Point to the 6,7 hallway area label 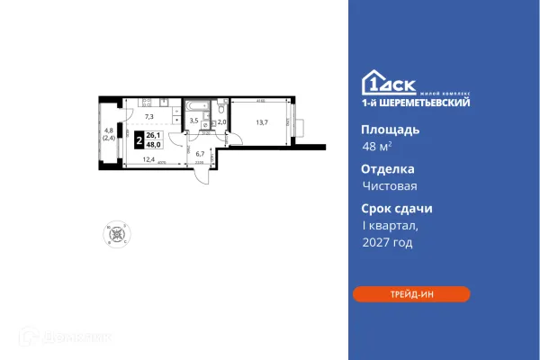point(202,154)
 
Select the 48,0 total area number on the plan point(154,144)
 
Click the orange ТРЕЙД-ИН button point(411,294)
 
